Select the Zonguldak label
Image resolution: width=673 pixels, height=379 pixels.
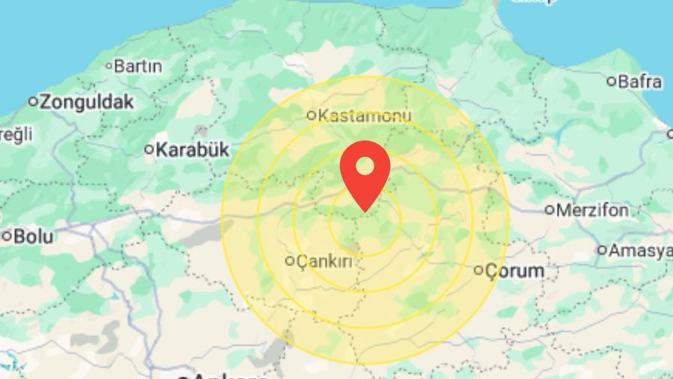(x=87, y=102)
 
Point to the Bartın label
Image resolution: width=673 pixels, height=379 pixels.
(x=137, y=66)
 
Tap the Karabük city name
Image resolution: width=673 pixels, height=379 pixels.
(x=192, y=150)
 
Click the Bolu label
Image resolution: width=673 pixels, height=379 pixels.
(x=33, y=236)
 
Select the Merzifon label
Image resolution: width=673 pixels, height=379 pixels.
(x=594, y=211)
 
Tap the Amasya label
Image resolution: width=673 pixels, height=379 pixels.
(x=640, y=250)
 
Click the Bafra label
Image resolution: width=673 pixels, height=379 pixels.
(x=639, y=82)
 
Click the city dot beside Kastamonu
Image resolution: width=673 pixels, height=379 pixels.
(x=311, y=116)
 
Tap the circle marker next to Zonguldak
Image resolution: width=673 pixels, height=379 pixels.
(x=33, y=102)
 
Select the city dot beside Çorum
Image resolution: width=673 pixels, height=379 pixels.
(x=478, y=271)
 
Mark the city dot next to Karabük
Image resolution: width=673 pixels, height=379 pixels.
(x=149, y=150)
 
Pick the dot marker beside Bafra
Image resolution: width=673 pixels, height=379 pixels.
(x=611, y=82)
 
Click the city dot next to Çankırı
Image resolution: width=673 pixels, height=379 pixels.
(x=290, y=261)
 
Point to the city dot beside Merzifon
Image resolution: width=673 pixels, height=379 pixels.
(x=550, y=211)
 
